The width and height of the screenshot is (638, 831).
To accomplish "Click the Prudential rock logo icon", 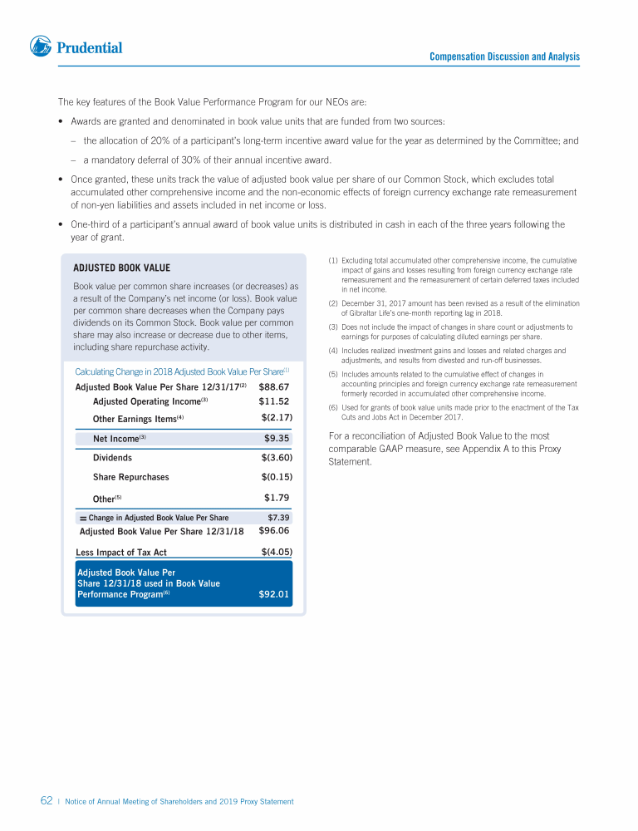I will pyautogui.click(x=41, y=47).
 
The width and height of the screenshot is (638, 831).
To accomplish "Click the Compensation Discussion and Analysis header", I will pyautogui.click(x=504, y=57).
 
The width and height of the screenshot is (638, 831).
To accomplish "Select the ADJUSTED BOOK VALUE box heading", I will pyautogui.click(x=121, y=268).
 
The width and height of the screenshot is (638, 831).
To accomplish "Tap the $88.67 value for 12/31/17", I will pyautogui.click(x=274, y=387).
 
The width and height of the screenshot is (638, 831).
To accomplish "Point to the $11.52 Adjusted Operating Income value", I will pyautogui.click(x=274, y=401).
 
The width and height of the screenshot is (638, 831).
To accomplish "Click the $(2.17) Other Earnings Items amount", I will pyautogui.click(x=277, y=417).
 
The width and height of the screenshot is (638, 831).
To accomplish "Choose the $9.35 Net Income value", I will pyautogui.click(x=277, y=438).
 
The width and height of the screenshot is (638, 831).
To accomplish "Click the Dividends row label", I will pyautogui.click(x=112, y=458).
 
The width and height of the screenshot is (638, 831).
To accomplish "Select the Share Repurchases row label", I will pyautogui.click(x=130, y=477).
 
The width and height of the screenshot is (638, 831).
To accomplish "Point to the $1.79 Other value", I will pyautogui.click(x=277, y=498).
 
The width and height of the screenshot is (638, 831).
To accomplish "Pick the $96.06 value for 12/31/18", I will pyautogui.click(x=274, y=530).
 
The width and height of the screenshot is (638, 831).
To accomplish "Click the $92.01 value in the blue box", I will pyautogui.click(x=274, y=594).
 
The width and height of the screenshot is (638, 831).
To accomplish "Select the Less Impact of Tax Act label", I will pyautogui.click(x=121, y=553).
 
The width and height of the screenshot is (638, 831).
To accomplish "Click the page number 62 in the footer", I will pyautogui.click(x=47, y=801).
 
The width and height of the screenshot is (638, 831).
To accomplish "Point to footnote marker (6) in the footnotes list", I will pyautogui.click(x=333, y=407).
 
